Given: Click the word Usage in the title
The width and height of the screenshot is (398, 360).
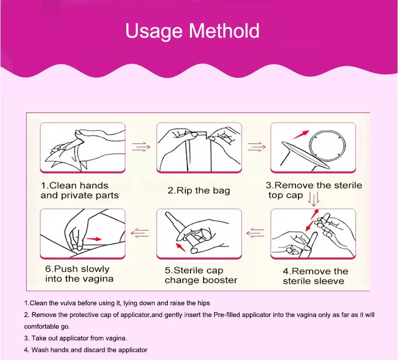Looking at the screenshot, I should [153, 31].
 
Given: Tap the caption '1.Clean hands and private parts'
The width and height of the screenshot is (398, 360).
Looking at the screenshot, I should [79, 190].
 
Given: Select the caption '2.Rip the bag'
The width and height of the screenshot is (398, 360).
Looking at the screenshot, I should [199, 190].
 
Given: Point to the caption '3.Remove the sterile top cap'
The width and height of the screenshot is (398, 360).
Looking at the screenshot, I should [314, 190].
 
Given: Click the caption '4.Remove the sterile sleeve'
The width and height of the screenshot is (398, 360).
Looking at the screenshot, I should [315, 276].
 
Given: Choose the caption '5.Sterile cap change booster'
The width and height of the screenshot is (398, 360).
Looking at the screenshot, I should [201, 275].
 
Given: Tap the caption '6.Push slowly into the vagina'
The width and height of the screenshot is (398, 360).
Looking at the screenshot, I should [79, 274].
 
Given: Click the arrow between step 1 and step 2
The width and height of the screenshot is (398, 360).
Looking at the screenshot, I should [141, 147].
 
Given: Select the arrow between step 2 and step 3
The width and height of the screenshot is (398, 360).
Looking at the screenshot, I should [256, 147].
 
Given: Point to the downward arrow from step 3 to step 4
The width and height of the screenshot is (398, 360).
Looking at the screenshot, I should [314, 200].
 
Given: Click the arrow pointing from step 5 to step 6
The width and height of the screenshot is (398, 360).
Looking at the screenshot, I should [141, 232].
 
